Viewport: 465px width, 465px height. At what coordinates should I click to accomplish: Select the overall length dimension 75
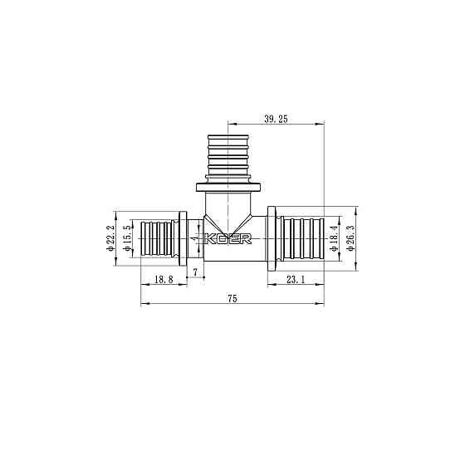(232, 298)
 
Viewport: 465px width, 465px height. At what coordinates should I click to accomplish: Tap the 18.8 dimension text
(164, 281)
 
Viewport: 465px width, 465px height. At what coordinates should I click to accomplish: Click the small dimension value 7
(195, 272)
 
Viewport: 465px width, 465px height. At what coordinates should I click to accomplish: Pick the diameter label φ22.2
(110, 238)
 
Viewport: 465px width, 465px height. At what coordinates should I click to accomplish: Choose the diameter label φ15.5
(128, 238)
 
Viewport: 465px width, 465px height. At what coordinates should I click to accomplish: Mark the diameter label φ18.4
(335, 238)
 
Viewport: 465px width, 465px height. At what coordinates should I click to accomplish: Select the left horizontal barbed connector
(156, 238)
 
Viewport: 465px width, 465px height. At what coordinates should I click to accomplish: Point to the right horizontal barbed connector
(303, 238)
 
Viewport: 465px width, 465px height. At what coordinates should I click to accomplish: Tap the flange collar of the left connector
(182, 238)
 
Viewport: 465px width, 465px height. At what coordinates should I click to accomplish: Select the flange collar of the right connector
(272, 238)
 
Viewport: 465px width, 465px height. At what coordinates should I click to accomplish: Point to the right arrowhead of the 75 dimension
(322, 304)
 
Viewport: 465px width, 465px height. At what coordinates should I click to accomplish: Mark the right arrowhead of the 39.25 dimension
(322, 125)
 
